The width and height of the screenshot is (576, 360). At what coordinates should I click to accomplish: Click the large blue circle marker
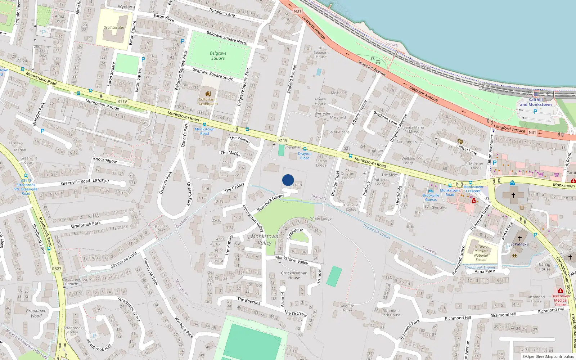point(288,180)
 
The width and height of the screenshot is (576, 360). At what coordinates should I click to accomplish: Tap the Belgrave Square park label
point(218,56)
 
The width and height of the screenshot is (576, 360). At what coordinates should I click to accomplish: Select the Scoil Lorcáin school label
point(114,27)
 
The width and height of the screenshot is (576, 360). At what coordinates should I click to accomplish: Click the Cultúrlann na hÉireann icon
point(208,94)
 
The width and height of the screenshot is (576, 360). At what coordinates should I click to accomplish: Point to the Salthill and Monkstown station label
point(536,102)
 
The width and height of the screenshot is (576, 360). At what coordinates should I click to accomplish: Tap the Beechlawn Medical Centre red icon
point(560,291)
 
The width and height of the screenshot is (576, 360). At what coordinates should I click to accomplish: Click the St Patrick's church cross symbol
point(519,238)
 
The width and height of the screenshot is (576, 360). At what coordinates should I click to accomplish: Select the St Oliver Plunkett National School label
point(481,253)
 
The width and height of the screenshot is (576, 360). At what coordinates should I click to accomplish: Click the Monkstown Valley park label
point(265,239)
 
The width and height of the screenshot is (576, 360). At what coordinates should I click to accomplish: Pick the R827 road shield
point(57,269)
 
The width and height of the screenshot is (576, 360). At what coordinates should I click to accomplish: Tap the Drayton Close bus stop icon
point(305,149)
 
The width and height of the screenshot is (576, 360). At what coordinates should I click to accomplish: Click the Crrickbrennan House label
point(294,275)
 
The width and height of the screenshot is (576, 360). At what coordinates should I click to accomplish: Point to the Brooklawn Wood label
point(36,313)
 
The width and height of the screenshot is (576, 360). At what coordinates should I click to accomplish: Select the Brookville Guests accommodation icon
point(431,191)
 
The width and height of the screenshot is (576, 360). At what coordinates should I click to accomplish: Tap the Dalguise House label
point(347,308)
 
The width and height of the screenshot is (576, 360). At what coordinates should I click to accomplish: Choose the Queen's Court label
point(160,228)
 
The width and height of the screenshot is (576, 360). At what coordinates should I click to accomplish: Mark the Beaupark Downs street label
point(270,203)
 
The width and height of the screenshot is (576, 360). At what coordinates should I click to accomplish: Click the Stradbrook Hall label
point(99,345)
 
